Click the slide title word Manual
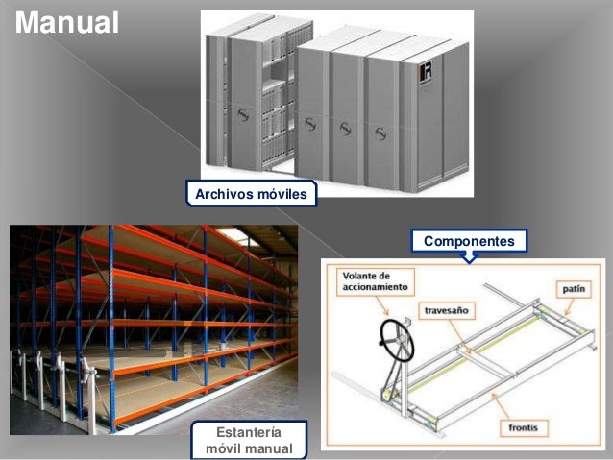67,22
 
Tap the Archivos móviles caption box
251,193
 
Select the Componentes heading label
469,241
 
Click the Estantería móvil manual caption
249,440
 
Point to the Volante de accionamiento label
375,281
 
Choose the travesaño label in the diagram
447,311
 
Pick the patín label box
574,289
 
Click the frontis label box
523,427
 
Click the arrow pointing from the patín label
570,306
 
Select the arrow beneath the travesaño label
459,336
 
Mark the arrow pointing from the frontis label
502,406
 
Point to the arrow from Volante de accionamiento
381,305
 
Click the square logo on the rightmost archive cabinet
426,73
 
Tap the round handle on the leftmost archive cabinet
243,114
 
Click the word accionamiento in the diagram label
375,287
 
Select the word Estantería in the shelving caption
249,432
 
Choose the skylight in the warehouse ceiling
234,236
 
